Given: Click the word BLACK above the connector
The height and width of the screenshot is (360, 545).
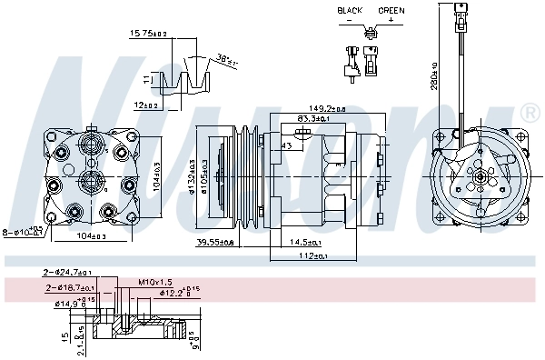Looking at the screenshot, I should pyautogui.click(x=351, y=10).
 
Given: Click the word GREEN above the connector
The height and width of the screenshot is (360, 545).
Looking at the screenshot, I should pyautogui.click(x=391, y=10).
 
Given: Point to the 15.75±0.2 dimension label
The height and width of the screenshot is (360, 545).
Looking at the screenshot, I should pyautogui.click(x=149, y=34).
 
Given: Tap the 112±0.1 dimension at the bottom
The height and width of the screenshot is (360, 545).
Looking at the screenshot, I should pyautogui.click(x=313, y=256).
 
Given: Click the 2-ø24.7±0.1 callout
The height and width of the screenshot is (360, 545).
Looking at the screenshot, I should pyautogui.click(x=66, y=272).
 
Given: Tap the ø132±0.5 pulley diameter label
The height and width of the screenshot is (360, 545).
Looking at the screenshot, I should pyautogui.click(x=193, y=178).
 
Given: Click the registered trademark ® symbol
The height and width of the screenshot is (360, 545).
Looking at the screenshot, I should pyautogui.click(x=529, y=114).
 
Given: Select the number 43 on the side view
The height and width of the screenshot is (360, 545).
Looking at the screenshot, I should pyautogui.click(x=286, y=145).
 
